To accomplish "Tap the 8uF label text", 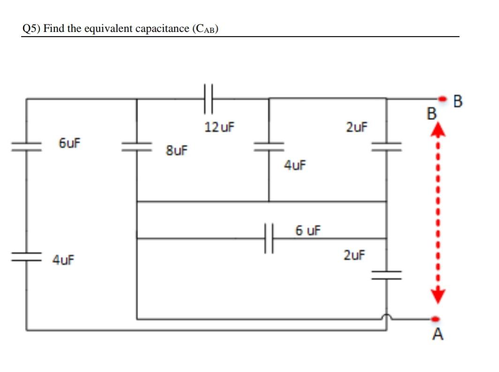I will coord(176,150).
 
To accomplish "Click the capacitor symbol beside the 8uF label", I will coord(137,147).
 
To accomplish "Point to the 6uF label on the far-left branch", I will coord(69,143).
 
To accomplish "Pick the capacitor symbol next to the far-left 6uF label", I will coord(26,147).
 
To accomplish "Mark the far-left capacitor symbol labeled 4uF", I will coord(26,256).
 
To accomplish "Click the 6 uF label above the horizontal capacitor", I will coord(308,231).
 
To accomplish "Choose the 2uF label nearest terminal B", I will coord(357,127).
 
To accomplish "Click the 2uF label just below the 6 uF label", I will coord(354,255).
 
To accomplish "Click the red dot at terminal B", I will coord(442,99).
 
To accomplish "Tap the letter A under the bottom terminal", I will coord(438,335).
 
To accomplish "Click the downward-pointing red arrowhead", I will coord(437,296).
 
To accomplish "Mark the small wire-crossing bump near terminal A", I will coord(386,318).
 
